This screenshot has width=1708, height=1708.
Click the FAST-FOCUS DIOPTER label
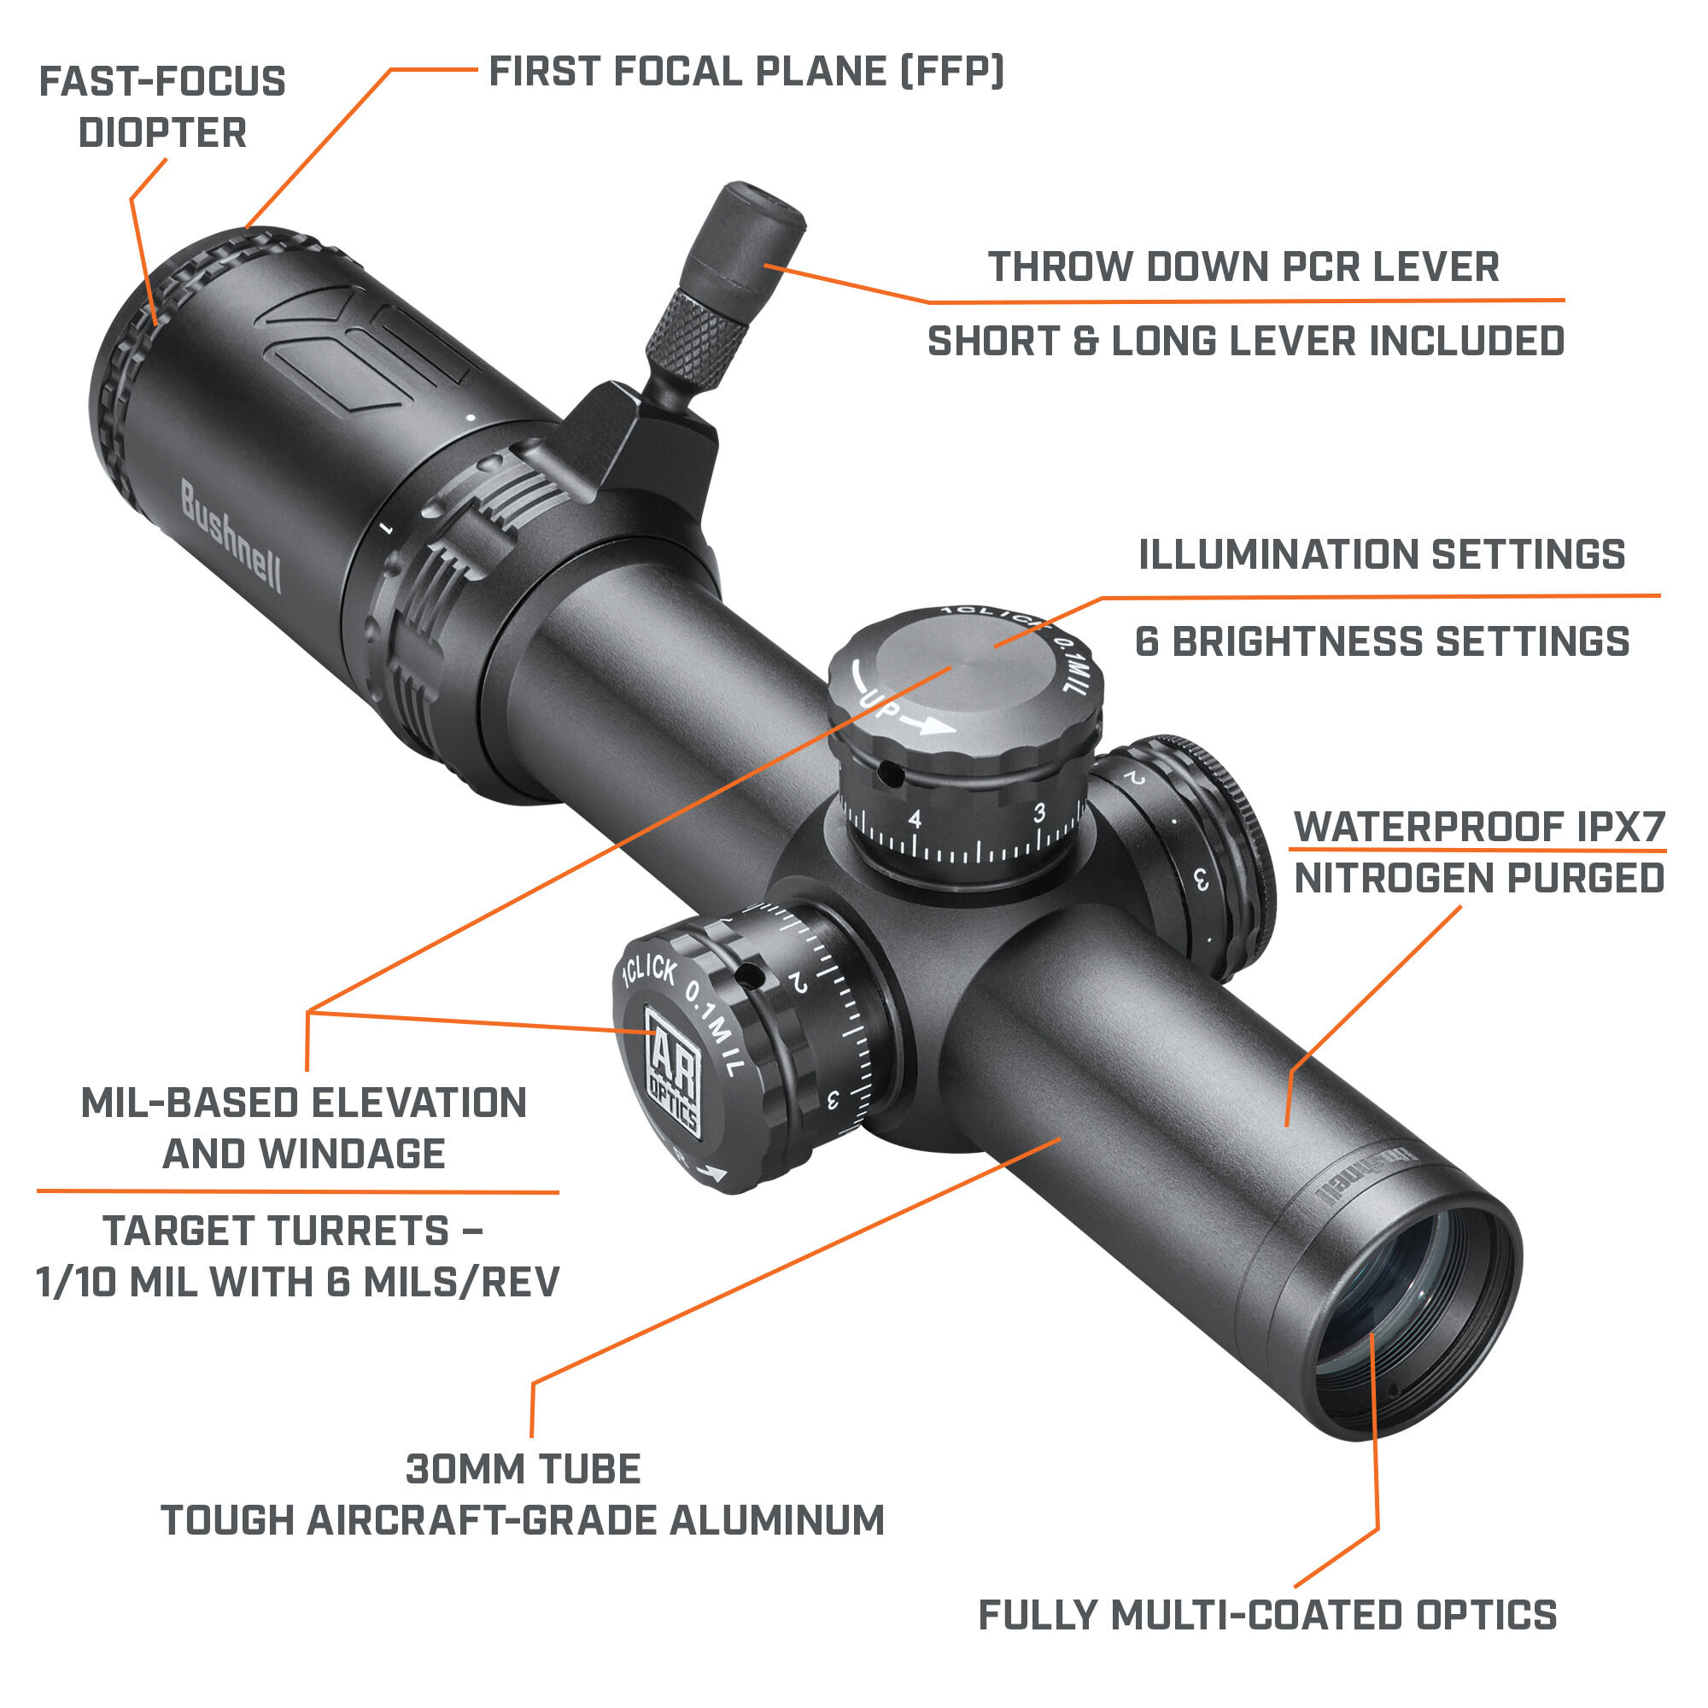(x=161, y=107)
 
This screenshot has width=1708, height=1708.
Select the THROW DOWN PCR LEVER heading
(x=1242, y=267)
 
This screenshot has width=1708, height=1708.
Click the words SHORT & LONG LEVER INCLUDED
(x=1245, y=342)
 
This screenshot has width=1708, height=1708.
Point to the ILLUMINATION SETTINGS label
(x=1381, y=555)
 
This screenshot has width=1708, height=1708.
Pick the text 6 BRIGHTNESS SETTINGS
(x=1381, y=642)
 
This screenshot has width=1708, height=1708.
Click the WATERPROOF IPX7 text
(x=1478, y=828)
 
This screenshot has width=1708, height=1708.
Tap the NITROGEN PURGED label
(x=1478, y=879)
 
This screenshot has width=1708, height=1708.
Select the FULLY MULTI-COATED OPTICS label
(x=1266, y=1615)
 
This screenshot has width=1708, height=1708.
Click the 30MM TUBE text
(x=523, y=1469)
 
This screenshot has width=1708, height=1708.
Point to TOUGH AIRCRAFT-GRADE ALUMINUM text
(x=523, y=1521)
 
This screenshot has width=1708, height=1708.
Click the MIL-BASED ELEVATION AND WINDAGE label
(x=303, y=1129)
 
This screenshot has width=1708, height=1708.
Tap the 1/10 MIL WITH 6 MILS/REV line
(x=297, y=1282)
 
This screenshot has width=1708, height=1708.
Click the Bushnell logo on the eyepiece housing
(x=231, y=535)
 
